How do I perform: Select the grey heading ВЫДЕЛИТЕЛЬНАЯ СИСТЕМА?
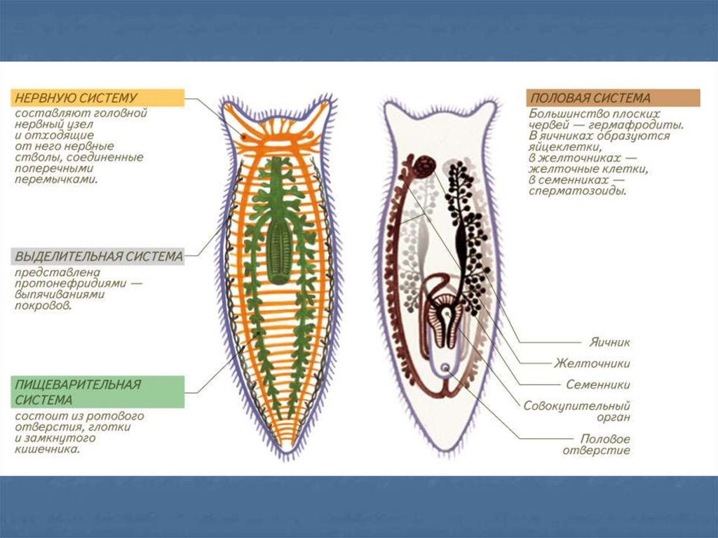(x=98, y=257)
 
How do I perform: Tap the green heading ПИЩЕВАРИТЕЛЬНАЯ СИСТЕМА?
(x=77, y=392)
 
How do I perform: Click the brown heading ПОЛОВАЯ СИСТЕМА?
(x=590, y=98)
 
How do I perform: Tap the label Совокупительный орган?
(x=576, y=411)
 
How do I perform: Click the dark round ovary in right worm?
(x=423, y=167)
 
